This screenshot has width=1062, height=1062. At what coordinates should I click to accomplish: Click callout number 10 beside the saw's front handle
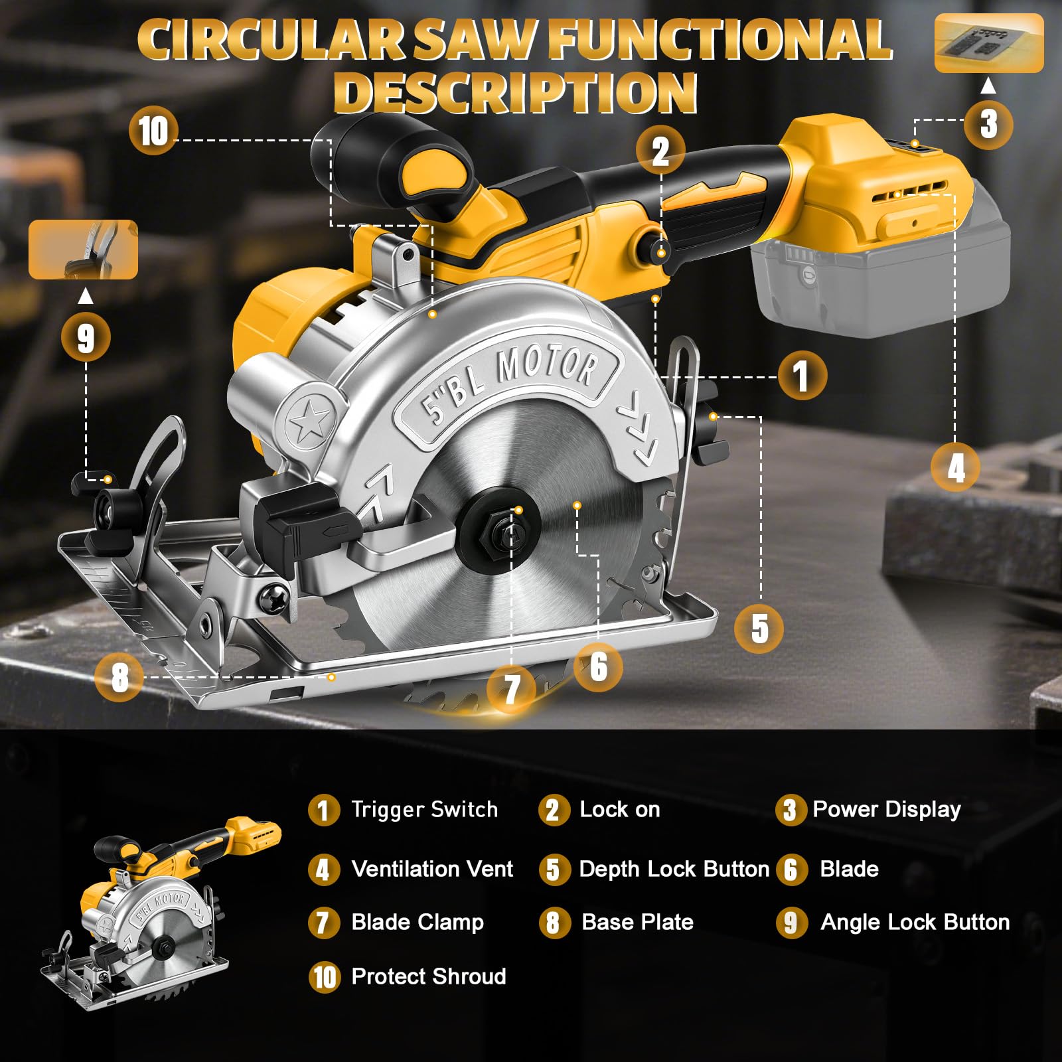(153, 131)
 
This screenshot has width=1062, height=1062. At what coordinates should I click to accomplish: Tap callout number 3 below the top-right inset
(988, 124)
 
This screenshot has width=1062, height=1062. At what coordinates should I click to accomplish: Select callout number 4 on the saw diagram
(955, 467)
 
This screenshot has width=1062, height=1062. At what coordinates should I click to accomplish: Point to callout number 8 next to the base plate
(119, 677)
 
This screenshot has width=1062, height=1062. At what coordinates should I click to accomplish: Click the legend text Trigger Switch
(425, 809)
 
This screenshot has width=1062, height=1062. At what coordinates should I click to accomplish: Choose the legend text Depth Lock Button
(674, 869)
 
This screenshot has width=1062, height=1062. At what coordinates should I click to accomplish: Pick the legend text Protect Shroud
(429, 976)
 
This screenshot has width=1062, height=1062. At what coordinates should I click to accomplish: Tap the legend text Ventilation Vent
(432, 869)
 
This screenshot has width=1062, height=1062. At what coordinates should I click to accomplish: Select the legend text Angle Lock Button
(915, 922)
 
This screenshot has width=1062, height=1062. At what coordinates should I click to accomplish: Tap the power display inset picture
(989, 42)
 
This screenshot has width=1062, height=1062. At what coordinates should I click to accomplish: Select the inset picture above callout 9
(83, 250)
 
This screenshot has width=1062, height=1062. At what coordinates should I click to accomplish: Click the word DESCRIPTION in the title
(515, 93)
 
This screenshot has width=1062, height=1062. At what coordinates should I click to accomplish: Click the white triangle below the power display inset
(988, 86)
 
